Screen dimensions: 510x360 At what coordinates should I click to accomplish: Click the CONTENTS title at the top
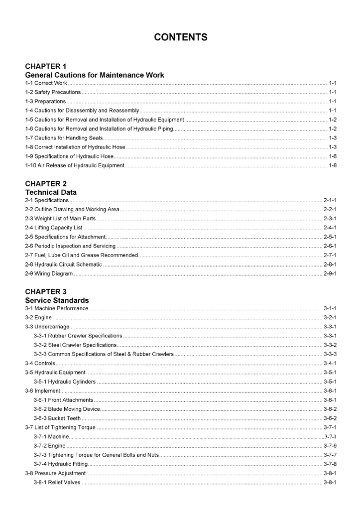pos(180,37)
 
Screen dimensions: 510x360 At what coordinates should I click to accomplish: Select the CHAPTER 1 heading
pos(46,66)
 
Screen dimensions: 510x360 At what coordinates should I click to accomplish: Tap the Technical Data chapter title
pos(51,192)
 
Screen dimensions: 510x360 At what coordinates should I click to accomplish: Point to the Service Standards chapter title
pos(57,300)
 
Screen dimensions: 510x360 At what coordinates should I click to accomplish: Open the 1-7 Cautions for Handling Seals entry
pos(64,138)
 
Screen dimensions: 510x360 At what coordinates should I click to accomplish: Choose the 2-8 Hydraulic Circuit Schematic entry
pos(63,264)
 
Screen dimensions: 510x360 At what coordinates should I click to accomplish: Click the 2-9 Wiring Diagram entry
pos(49,273)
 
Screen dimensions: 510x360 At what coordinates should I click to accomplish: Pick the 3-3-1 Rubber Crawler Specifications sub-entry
pos(78,336)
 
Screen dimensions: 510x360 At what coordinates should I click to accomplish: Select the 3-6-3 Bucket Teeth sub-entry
pos(57,418)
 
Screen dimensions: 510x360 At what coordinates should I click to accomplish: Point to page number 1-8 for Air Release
pos(333,165)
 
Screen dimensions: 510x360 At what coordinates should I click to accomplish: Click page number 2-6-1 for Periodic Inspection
pos(330,246)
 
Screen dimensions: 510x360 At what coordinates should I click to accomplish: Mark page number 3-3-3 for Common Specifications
pos(330,354)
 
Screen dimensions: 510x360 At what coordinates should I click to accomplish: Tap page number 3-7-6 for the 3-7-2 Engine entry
pos(330,446)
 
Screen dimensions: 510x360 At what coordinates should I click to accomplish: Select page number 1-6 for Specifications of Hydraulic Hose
pos(333,156)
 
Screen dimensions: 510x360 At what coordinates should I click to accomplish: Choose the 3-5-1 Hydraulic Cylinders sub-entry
pos(64,382)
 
